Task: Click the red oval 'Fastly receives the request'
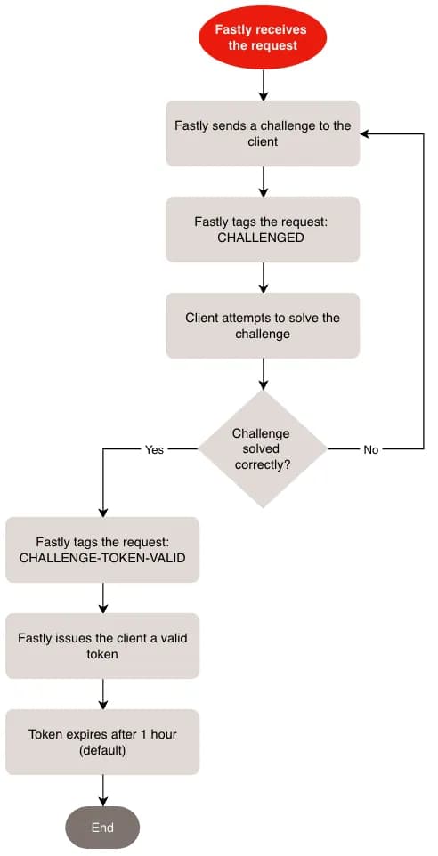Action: tap(263, 36)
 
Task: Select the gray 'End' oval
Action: tap(102, 827)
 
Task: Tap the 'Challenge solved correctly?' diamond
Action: tap(262, 448)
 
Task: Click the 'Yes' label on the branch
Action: tap(154, 449)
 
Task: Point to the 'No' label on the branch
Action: tap(370, 449)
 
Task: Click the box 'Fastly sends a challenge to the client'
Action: tap(263, 133)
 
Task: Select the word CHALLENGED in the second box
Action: tap(263, 238)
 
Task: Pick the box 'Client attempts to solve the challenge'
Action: tap(263, 326)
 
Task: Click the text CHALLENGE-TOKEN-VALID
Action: tap(102, 558)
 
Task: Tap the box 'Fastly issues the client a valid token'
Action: tap(102, 646)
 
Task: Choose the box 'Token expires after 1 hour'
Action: tap(102, 742)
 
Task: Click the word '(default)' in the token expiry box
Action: tap(102, 750)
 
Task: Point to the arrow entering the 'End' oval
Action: tap(103, 790)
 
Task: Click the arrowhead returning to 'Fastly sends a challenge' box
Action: tap(366, 133)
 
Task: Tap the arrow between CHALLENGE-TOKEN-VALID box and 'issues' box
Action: tap(103, 598)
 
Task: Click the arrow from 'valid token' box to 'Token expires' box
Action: tap(103, 694)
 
